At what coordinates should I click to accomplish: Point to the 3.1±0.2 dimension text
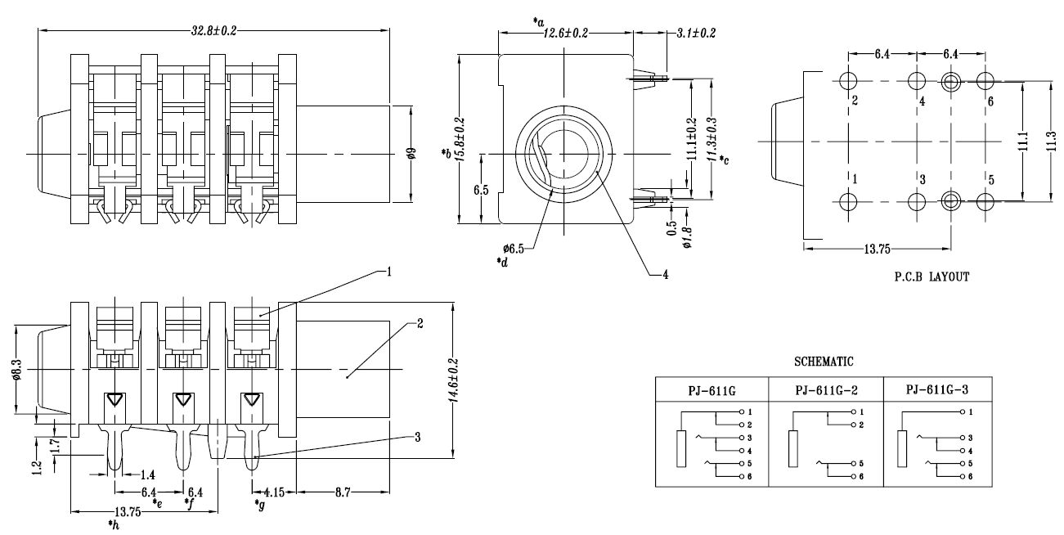point(696,33)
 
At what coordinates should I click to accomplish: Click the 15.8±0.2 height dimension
point(460,139)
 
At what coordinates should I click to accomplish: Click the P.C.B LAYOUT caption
point(932,276)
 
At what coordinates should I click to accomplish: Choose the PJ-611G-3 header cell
point(937,389)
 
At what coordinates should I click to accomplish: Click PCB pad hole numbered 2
point(848,82)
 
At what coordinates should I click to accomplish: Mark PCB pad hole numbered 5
point(985,200)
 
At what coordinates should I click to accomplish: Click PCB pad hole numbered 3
point(917,200)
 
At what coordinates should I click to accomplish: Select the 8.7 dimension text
point(343,492)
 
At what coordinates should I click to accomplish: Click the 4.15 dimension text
point(276,492)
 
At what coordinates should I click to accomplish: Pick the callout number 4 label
point(666,274)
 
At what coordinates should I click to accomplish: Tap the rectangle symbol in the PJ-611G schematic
point(681,448)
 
